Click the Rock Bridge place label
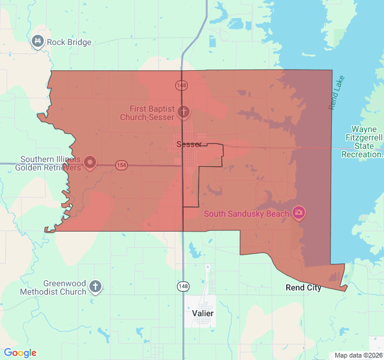(69, 42)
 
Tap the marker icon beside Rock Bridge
(38, 41)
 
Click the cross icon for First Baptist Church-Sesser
(184, 112)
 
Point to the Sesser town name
(188, 144)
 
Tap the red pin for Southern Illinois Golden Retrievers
(90, 162)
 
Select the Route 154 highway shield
(122, 165)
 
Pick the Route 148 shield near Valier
(183, 287)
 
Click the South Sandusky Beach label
(247, 214)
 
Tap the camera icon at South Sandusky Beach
(298, 213)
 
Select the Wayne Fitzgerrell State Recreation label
(361, 142)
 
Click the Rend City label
(303, 287)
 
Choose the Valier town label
(202, 313)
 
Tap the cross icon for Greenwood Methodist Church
(95, 286)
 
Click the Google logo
(20, 353)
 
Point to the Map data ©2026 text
(357, 355)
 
